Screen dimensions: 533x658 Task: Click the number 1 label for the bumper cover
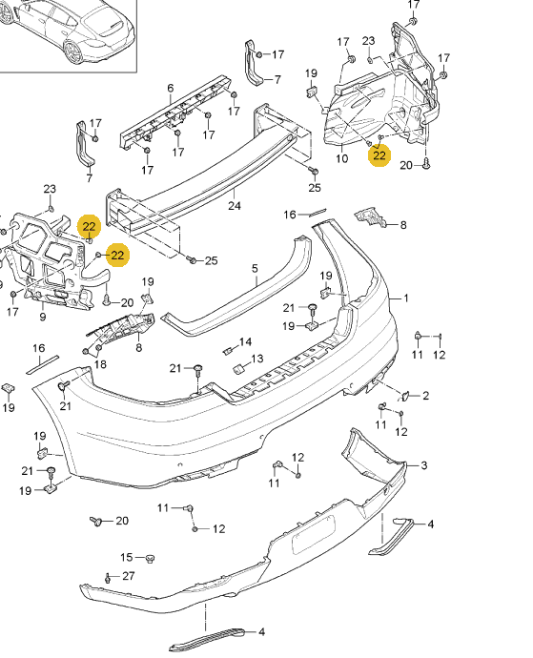pos(406,298)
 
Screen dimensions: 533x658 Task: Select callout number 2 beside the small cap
pos(426,396)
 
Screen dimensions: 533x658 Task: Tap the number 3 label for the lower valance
pos(424,465)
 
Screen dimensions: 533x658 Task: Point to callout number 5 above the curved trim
pos(255,268)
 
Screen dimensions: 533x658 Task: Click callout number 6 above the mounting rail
pos(170,88)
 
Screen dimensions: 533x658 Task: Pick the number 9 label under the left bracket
pos(42,317)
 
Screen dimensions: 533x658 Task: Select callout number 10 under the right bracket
pos(342,158)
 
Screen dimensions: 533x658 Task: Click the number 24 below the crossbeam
pos(235,206)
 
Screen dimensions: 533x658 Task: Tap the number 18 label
pos(100,364)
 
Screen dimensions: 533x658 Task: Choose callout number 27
pos(129,576)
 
